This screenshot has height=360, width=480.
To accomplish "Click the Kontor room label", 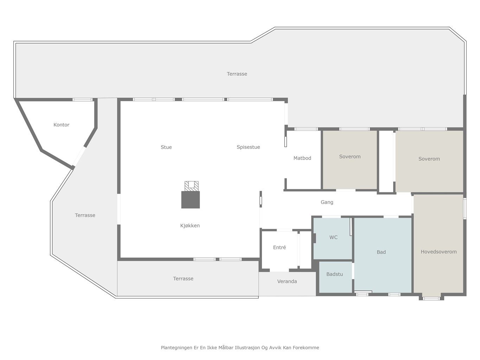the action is (61, 125).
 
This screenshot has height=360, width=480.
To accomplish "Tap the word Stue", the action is (166, 147).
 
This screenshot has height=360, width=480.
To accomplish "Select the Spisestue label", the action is (248, 147).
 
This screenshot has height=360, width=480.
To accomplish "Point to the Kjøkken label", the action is (190, 226).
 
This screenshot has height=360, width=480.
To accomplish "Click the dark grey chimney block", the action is (191, 200).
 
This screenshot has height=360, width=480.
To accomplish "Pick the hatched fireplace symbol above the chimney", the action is (192, 186).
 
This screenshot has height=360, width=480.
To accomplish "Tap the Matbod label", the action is (302, 158).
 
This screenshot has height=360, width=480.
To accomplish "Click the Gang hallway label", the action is (327, 202).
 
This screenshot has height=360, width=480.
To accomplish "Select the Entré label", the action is (280, 247).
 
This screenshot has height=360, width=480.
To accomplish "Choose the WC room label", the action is (333, 237).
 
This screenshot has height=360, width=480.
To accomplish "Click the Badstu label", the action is (334, 274).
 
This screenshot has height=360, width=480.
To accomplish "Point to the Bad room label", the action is (381, 252).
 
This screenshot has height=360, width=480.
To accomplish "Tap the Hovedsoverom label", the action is (439, 252).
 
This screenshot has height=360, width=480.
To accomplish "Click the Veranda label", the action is (287, 282).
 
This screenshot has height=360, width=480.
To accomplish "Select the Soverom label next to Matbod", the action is (350, 157).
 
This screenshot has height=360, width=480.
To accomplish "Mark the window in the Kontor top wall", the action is (82, 100).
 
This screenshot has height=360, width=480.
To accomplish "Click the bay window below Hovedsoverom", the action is (431, 298).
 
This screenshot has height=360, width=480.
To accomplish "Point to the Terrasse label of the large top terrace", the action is (237, 74).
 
